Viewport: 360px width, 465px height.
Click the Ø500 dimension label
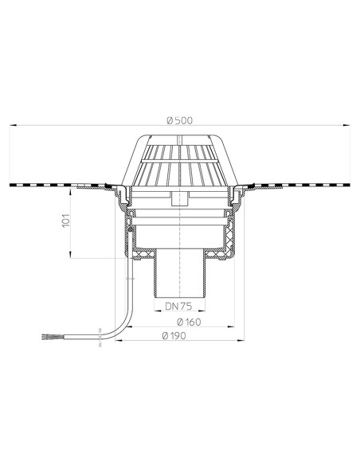coord(180,121)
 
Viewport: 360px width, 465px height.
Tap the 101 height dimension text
coord(65,221)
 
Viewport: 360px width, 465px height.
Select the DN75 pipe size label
coord(178,306)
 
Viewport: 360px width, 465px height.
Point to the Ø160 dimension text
coord(189,322)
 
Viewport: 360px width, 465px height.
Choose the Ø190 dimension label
coord(174,336)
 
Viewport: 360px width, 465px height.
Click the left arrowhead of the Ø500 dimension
coord(14,126)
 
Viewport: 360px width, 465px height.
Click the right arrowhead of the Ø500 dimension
coord(346,126)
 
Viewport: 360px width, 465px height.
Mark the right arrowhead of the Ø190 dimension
coord(241,341)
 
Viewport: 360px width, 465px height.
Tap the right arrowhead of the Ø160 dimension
coord(231,326)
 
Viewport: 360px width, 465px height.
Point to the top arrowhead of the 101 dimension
coord(70,192)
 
